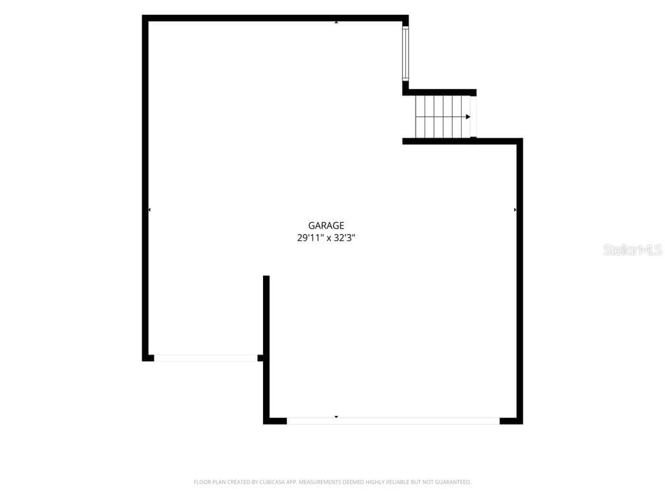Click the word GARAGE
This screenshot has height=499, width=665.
[326, 225]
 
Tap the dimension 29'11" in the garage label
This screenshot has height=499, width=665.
[310, 238]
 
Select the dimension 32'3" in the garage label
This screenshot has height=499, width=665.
[344, 238]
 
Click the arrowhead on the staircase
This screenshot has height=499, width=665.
[468, 117]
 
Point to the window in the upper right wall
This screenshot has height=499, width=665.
[405, 53]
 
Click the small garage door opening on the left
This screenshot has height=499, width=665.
[206, 358]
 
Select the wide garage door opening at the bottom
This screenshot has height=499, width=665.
[393, 421]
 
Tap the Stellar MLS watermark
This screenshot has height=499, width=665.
[633, 249]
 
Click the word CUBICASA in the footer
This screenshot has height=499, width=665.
[272, 482]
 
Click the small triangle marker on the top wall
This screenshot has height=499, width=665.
[336, 22]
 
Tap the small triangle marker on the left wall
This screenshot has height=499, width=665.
[149, 210]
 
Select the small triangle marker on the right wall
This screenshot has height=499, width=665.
[515, 210]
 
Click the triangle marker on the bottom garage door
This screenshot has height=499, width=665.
[336, 417]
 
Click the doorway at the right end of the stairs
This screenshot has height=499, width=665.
[473, 117]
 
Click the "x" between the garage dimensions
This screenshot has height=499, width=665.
[329, 238]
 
